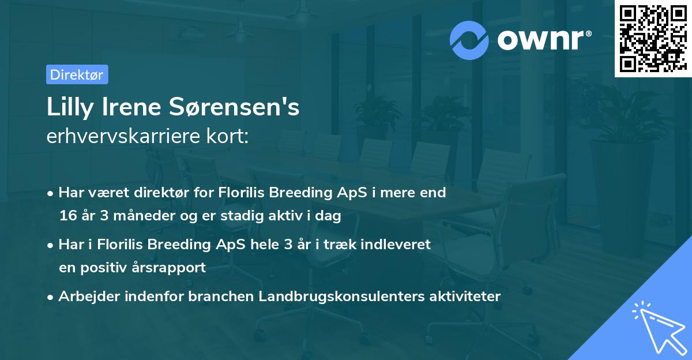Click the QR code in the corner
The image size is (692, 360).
pos(653,38)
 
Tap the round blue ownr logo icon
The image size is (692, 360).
pos(469,40)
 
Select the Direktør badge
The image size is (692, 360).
pos(77,74)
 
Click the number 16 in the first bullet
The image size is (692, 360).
pos(67,216)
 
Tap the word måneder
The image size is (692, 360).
pos(131,216)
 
